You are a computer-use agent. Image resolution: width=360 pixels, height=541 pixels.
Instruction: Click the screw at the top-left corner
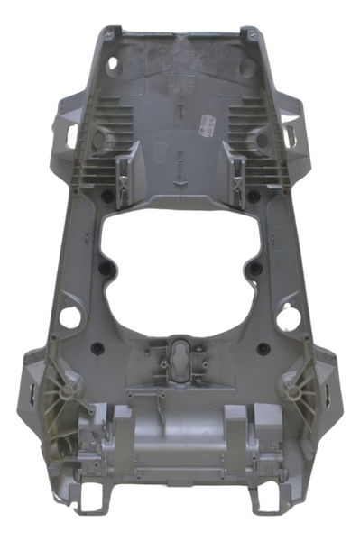coord(110,33)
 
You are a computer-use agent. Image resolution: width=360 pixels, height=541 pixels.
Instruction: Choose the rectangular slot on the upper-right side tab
coord(290,135)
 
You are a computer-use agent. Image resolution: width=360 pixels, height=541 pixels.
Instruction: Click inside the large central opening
coord(180,261)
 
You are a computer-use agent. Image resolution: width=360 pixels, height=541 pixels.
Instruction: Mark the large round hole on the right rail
coord(288,317)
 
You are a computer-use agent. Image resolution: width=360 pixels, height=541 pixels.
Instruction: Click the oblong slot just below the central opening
coord(180,357)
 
